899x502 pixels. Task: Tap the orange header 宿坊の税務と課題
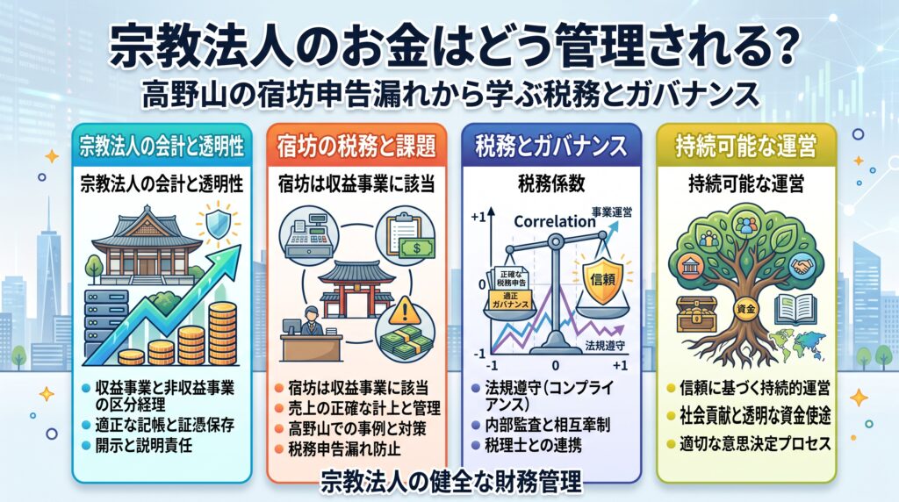click(x=356, y=147)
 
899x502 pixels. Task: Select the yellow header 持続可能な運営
click(x=746, y=147)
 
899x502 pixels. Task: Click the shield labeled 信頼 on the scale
click(x=602, y=279)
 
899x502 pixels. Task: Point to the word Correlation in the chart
click(x=555, y=221)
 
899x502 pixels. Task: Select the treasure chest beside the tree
click(x=696, y=314)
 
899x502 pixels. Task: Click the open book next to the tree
click(x=795, y=310)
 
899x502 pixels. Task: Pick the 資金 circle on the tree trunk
click(x=746, y=309)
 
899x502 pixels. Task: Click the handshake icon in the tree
click(x=802, y=265)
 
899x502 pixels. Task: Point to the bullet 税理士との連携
click(x=533, y=445)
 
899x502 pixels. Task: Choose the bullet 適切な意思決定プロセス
click(x=755, y=443)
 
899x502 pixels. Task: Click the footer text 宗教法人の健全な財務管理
click(x=451, y=482)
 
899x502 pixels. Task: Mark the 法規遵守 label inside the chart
click(x=605, y=346)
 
